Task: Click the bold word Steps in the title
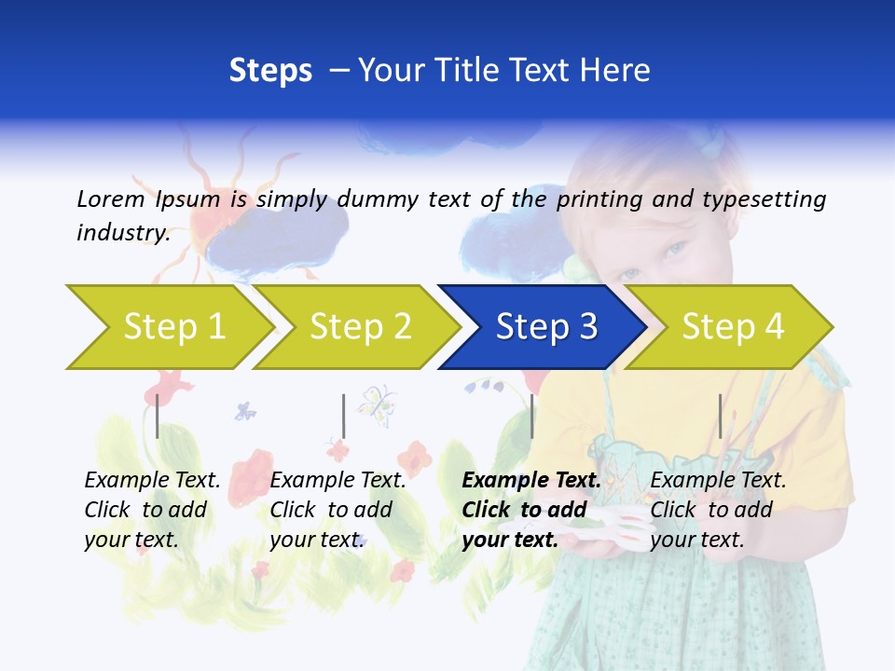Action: tap(270, 71)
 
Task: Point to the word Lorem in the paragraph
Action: tap(110, 199)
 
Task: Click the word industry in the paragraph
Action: tap(122, 232)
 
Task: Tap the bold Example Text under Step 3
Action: tap(531, 481)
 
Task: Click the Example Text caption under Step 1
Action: tap(152, 481)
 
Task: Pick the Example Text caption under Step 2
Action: tap(337, 481)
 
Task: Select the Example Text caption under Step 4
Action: tap(718, 481)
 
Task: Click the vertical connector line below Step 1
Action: tap(158, 416)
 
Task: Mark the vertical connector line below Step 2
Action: tap(344, 416)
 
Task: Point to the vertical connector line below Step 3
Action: tap(531, 416)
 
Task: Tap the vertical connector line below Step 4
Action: tap(720, 416)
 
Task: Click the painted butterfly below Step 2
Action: tap(376, 403)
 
